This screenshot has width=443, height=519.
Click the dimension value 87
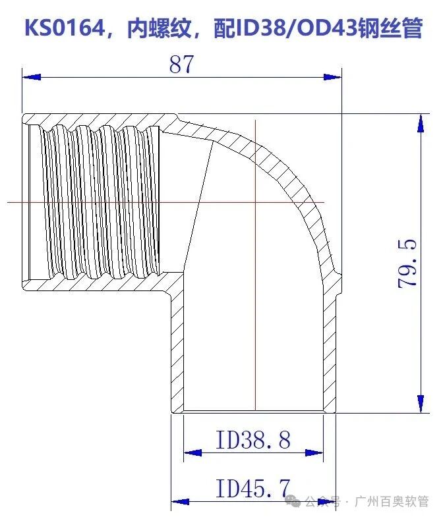(x=182, y=65)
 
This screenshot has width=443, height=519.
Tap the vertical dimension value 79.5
(x=408, y=263)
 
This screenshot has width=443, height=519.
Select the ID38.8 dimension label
(x=253, y=439)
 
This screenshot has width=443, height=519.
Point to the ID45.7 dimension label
(x=253, y=489)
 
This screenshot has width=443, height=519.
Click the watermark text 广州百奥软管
(x=392, y=502)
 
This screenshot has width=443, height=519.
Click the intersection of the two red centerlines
(x=255, y=202)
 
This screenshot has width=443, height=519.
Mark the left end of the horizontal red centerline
(x=8, y=202)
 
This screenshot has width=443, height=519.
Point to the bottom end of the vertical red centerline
(x=255, y=410)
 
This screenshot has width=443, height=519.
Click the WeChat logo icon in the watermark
(x=294, y=502)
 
